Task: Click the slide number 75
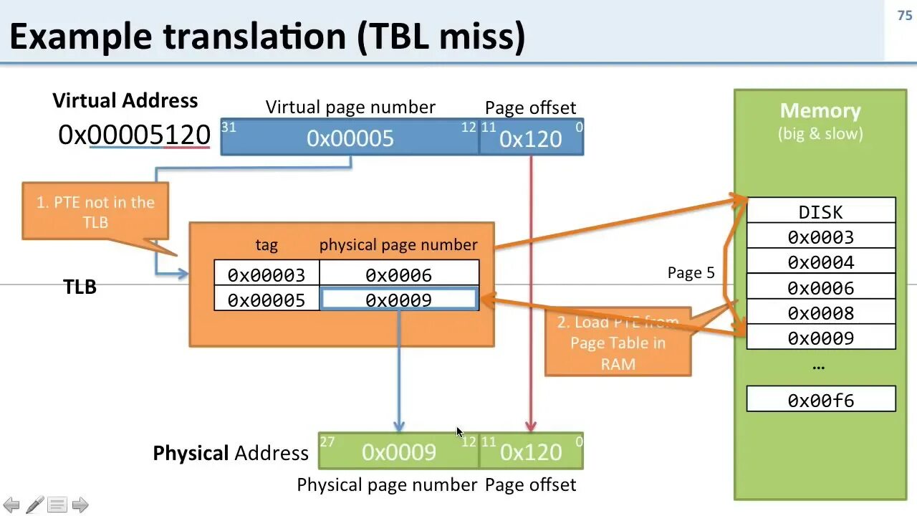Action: [x=904, y=15]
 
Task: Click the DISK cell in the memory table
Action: [x=821, y=211]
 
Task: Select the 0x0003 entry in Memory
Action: [x=821, y=237]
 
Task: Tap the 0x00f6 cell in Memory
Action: [x=821, y=400]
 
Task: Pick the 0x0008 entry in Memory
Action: [x=821, y=313]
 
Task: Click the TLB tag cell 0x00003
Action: [x=267, y=274]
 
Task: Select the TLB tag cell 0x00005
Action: [x=267, y=300]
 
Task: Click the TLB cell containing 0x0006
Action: [x=399, y=274]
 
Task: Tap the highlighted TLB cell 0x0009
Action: [x=399, y=300]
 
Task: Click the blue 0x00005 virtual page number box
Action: [x=350, y=138]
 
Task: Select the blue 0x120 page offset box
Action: [x=531, y=138]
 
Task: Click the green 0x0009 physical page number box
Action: [x=398, y=451]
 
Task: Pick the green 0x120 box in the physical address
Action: [x=531, y=451]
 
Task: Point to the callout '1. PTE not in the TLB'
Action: [x=95, y=212]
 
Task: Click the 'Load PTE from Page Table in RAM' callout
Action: [x=618, y=343]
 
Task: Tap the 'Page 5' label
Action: [x=691, y=273]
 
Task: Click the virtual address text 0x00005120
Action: [x=134, y=135]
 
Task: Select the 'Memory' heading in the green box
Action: [x=820, y=111]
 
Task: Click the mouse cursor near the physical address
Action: [x=459, y=431]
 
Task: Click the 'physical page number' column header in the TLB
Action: [x=398, y=245]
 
